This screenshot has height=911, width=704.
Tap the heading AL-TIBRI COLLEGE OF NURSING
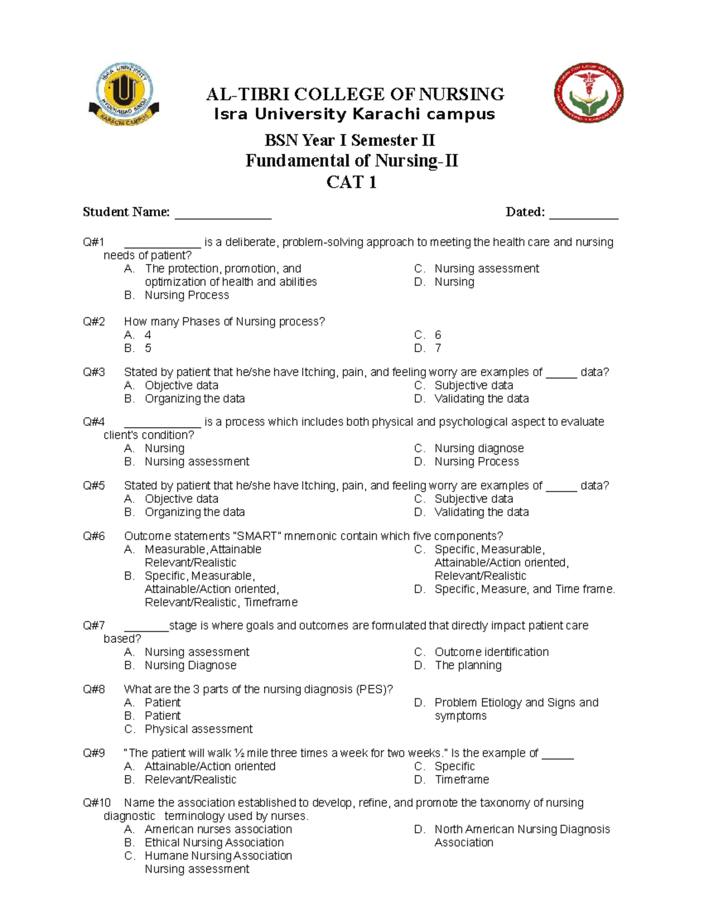click(354, 94)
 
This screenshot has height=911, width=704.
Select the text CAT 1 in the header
click(351, 182)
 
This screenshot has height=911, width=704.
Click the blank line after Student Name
click(223, 214)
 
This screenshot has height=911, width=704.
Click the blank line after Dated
click(584, 214)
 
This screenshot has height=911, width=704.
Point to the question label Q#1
click(94, 242)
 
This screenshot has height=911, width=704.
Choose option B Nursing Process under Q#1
click(187, 295)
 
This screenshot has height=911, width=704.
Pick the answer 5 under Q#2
click(148, 348)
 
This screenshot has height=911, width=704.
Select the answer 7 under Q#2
click(438, 348)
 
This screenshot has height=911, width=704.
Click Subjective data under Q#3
click(473, 385)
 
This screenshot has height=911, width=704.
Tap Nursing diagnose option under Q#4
click(479, 448)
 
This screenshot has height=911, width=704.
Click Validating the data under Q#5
click(481, 512)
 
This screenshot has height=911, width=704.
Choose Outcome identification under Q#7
click(491, 652)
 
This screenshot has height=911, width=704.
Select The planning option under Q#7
click(468, 665)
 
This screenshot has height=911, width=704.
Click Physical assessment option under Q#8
click(198, 729)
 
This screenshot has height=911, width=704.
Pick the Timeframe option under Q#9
click(462, 780)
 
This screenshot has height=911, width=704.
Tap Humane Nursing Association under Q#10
click(218, 856)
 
